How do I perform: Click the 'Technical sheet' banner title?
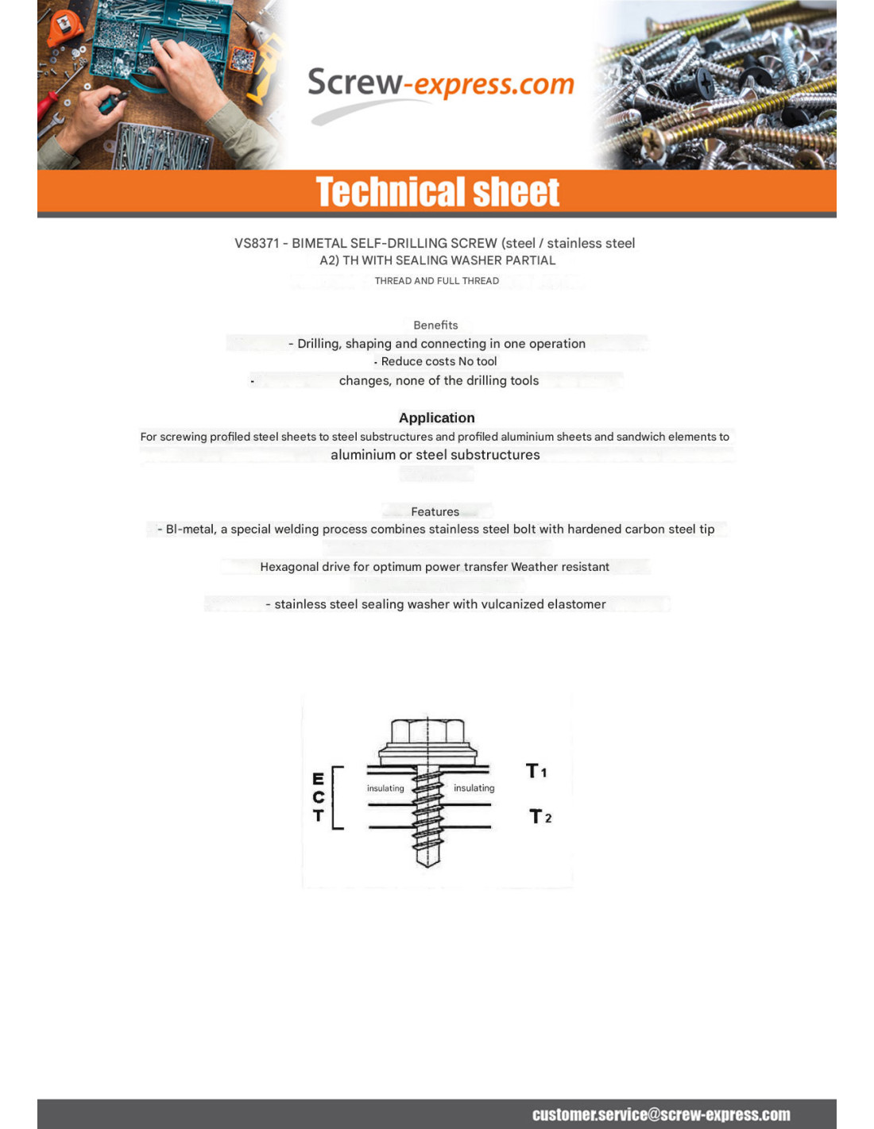pos(437,192)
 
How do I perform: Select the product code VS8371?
pos(256,243)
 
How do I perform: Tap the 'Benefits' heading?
pos(435,325)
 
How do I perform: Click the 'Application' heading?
pos(436,418)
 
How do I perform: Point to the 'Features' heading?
pos(435,511)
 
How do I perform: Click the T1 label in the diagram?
pos(536,771)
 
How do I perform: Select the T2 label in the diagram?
pos(540,816)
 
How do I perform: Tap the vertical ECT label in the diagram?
pos(318,797)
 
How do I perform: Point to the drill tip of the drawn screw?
pos(427,857)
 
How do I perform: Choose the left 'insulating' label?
pos(385,788)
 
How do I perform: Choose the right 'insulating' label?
pos(474,788)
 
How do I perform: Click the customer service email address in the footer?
pos(661,1114)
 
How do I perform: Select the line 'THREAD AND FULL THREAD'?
pos(436,280)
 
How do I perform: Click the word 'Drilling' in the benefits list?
pos(318,344)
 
